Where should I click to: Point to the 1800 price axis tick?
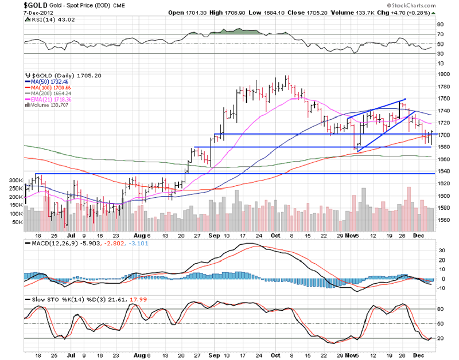(x=444, y=75)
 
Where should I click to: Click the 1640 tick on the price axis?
(x=444, y=171)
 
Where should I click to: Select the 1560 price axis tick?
(x=444, y=220)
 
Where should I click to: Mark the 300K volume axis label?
(x=15, y=181)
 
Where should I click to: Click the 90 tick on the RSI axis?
(x=440, y=25)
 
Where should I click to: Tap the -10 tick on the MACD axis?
(x=441, y=288)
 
